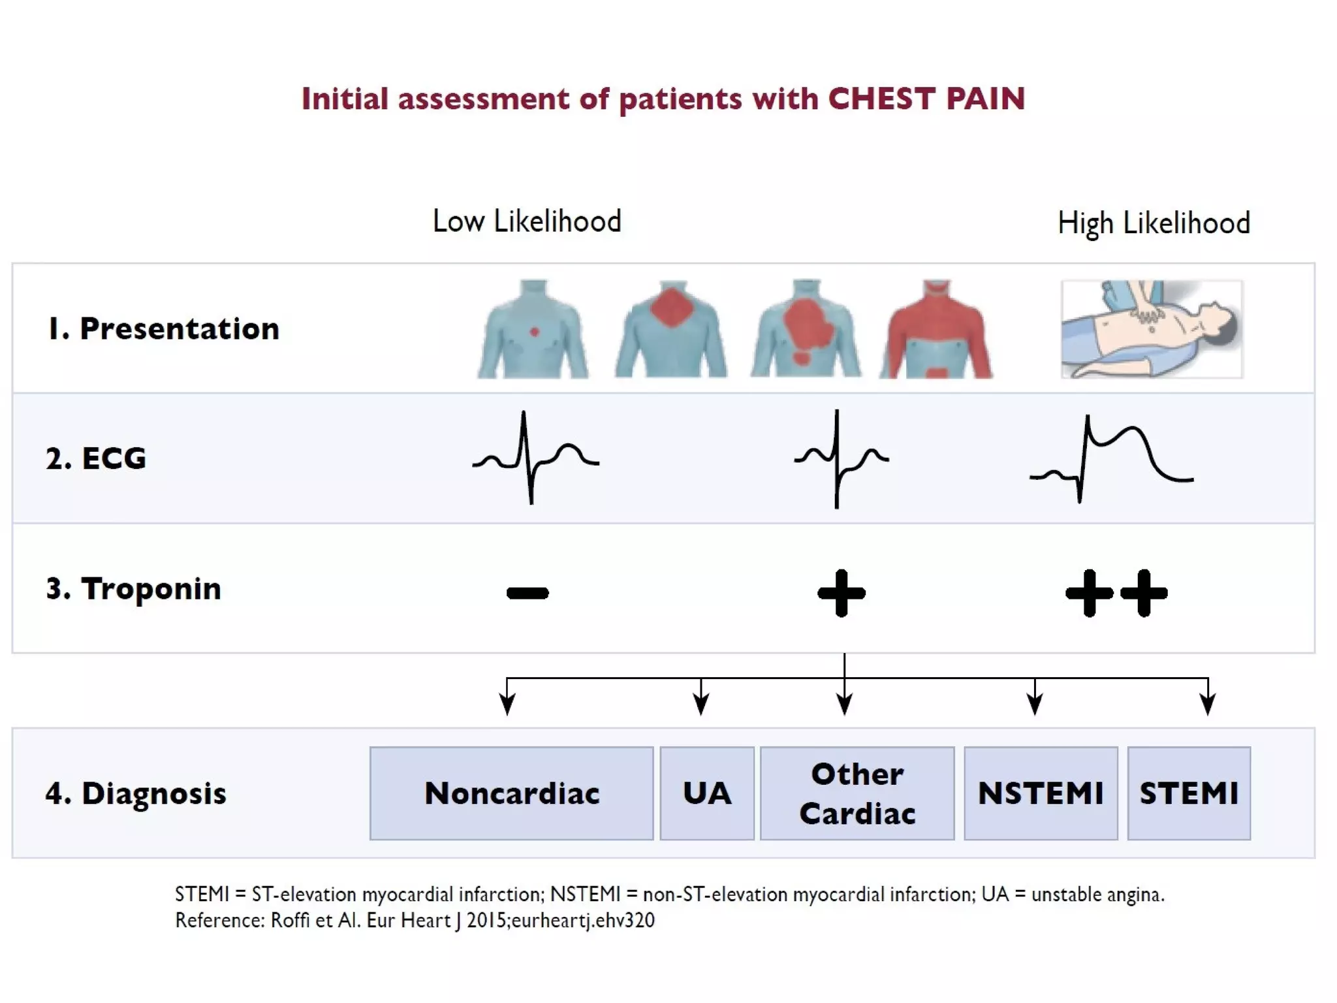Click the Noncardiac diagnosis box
pyautogui.click(x=511, y=793)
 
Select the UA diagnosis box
pyautogui.click(x=707, y=793)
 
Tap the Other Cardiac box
pyautogui.click(x=857, y=793)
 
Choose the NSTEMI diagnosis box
pyautogui.click(x=1041, y=793)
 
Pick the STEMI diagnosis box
pyautogui.click(x=1189, y=793)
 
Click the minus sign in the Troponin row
pyautogui.click(x=527, y=593)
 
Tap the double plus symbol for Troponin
pyautogui.click(x=1116, y=593)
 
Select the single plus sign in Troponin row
pyautogui.click(x=842, y=593)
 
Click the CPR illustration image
pyautogui.click(x=1152, y=330)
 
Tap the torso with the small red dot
pyautogui.click(x=533, y=330)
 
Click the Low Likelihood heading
pyautogui.click(x=527, y=221)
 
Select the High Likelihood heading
pyautogui.click(x=1154, y=223)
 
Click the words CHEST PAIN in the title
pyautogui.click(x=926, y=99)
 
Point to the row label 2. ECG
pyautogui.click(x=96, y=458)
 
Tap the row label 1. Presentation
pyautogui.click(x=163, y=328)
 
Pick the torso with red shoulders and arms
pyautogui.click(x=936, y=330)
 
